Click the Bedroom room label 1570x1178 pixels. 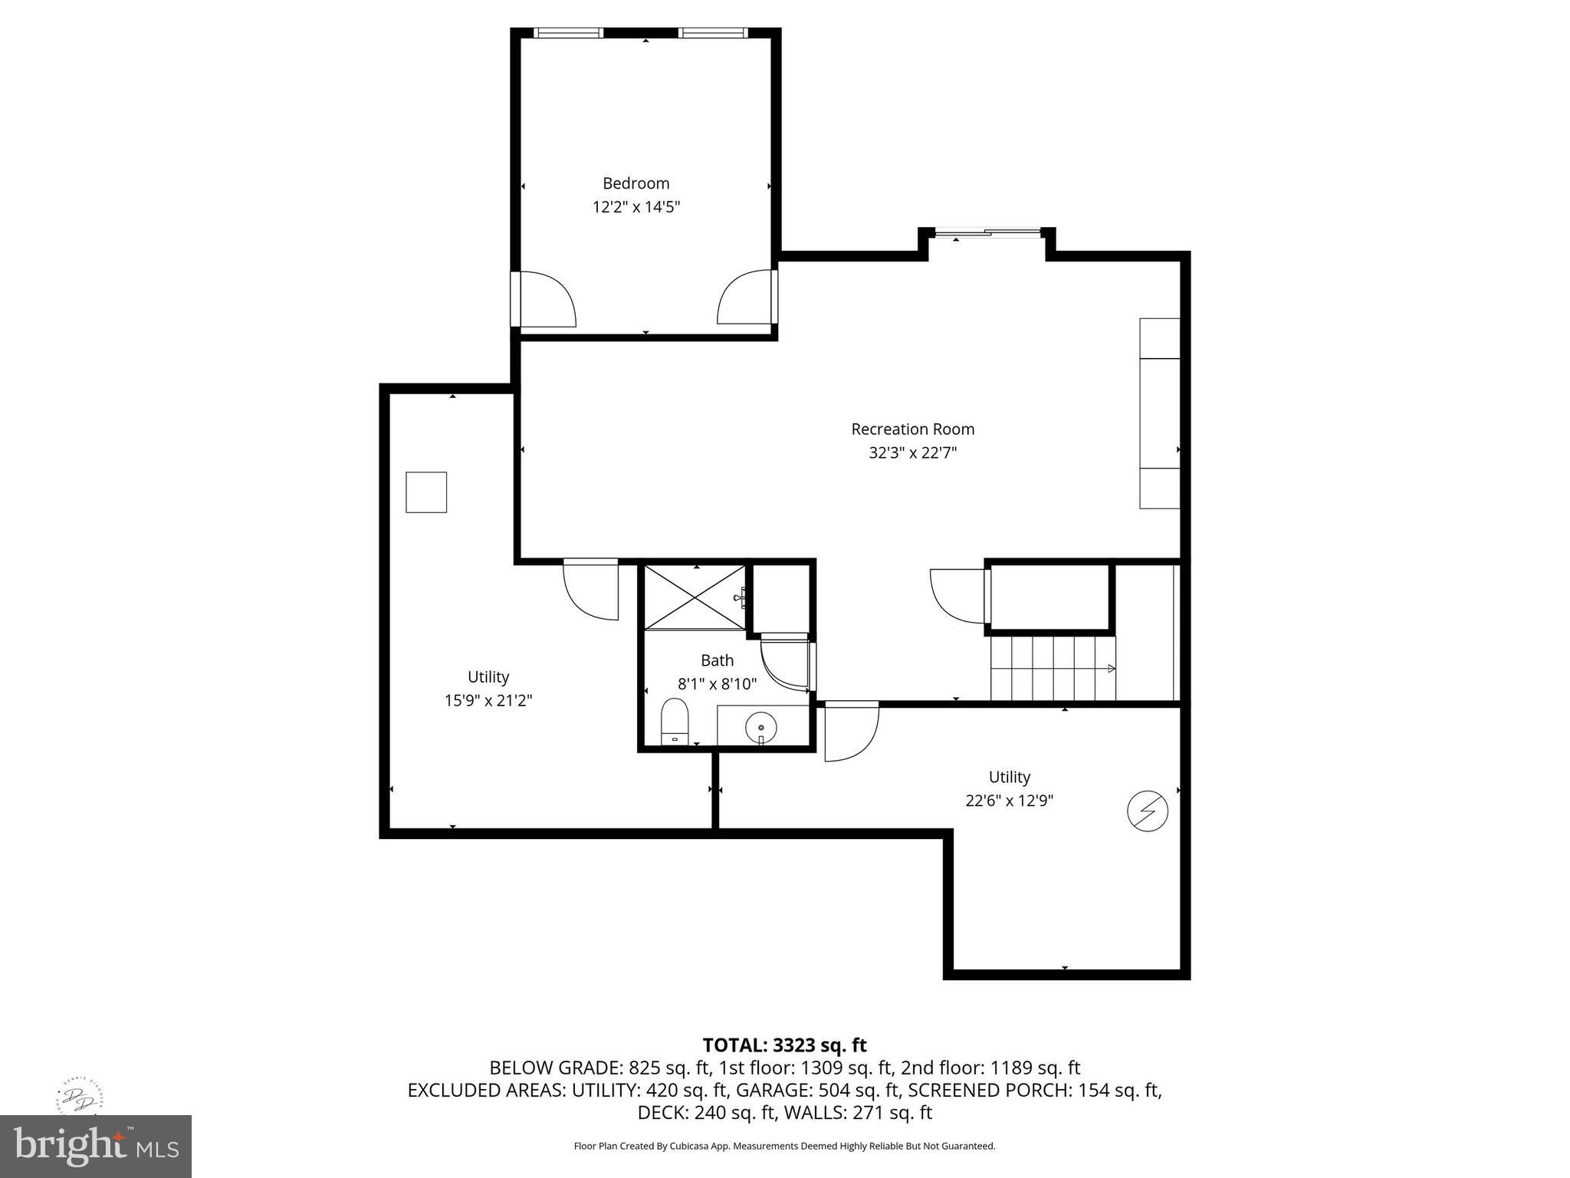[x=636, y=183]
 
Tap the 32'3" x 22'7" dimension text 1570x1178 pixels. [x=912, y=453]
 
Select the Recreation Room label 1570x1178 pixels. [x=912, y=429]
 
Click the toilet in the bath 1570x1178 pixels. [x=675, y=721]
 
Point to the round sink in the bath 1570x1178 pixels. [x=761, y=726]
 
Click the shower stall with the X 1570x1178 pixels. [x=695, y=598]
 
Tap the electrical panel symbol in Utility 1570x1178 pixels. [x=1147, y=811]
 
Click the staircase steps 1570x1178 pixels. [x=1052, y=668]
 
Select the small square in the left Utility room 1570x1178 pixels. [x=426, y=492]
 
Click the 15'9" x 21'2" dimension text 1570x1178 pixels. [x=488, y=700]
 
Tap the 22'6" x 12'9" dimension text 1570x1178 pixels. [x=1009, y=801]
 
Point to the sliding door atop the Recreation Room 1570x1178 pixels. [x=987, y=232]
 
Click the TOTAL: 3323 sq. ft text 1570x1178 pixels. [x=784, y=1045]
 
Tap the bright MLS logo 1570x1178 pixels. [x=95, y=1146]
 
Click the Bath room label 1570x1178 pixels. [x=717, y=660]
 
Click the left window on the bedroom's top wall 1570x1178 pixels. [x=568, y=33]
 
